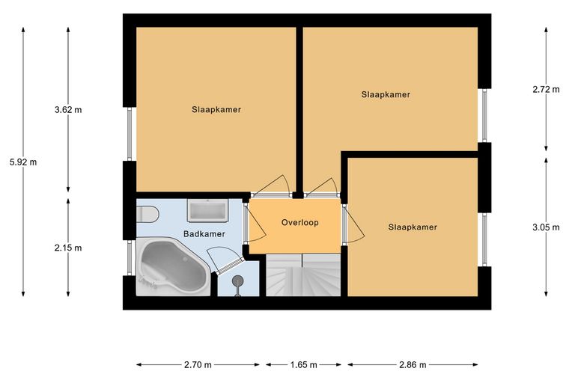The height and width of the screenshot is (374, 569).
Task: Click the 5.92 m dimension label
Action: click(x=23, y=162)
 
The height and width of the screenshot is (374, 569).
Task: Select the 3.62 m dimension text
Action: click(x=68, y=110)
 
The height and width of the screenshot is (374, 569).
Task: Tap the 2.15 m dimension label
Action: click(x=68, y=248)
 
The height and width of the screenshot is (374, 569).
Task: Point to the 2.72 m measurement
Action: click(x=546, y=89)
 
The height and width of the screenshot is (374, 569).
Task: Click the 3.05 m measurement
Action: click(x=546, y=227)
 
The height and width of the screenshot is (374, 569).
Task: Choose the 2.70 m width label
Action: click(x=198, y=364)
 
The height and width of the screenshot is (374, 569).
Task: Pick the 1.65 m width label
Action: click(x=304, y=364)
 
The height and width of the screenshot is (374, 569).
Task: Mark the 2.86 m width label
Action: click(x=413, y=364)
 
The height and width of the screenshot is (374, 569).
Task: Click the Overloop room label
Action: click(x=300, y=222)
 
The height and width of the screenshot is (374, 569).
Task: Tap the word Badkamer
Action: click(x=204, y=234)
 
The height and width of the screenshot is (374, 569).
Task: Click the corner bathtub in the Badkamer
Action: click(x=173, y=267)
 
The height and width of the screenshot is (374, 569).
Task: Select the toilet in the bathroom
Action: click(x=147, y=214)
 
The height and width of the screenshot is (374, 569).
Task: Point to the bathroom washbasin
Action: click(x=207, y=210)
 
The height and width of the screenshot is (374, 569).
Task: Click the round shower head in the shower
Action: click(x=237, y=280)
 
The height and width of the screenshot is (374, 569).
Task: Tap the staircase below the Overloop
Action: click(x=303, y=275)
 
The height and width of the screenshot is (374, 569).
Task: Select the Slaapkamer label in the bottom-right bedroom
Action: click(x=413, y=227)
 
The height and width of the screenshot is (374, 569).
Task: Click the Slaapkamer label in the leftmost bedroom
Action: click(x=216, y=109)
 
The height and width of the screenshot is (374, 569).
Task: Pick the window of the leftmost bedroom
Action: click(x=130, y=134)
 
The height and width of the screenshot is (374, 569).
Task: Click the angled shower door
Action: click(x=230, y=266)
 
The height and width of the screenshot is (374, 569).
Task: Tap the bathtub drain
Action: click(x=186, y=259)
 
